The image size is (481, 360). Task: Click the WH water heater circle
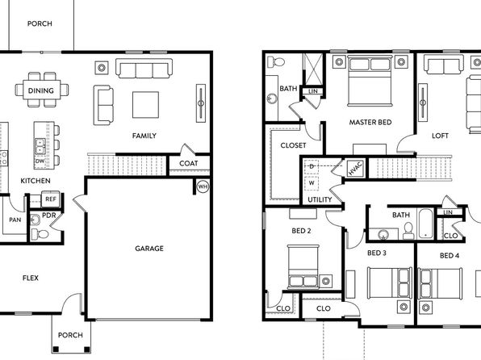203,186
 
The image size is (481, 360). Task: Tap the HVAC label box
355,169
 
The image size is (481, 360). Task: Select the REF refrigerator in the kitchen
51,199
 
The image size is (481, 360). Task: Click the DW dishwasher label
40,161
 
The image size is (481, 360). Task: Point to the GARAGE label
149,249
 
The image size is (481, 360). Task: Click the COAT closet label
188,163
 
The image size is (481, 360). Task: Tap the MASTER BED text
370,122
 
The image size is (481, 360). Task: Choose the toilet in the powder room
40,234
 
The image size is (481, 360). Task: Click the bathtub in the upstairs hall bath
426,224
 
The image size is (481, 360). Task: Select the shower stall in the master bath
313,69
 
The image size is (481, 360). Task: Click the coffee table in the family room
145,105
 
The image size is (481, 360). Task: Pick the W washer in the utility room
312,183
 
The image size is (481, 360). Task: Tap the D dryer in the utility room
312,166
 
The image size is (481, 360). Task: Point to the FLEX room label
31,278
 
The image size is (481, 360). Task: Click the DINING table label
41,90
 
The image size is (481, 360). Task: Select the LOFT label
440,136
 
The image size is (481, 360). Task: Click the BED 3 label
377,253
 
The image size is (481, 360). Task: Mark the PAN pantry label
15,220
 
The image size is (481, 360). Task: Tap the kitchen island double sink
40,146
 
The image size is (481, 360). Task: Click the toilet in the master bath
276,61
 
